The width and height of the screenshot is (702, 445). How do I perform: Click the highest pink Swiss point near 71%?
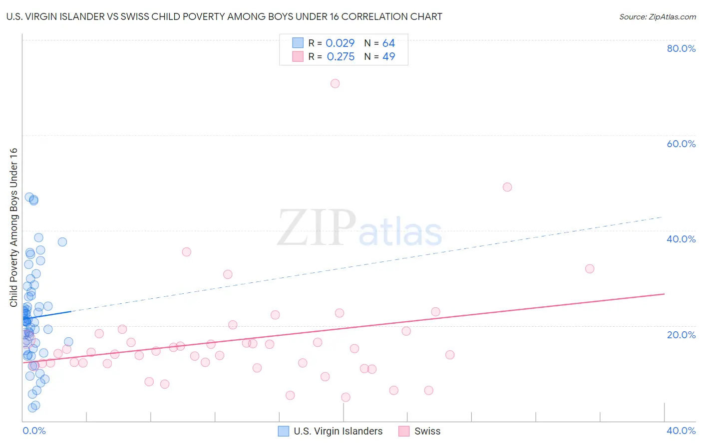335,83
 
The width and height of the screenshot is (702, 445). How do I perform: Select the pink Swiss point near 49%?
507,187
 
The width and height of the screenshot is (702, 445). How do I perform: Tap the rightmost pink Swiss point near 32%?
590,268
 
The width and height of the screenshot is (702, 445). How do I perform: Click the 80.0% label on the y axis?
681,48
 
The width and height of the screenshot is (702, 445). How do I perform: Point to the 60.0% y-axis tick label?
681,144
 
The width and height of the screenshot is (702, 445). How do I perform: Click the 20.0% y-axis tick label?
681,334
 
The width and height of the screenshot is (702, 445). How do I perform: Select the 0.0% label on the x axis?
34,431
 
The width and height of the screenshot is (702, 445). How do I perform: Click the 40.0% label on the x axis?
681,431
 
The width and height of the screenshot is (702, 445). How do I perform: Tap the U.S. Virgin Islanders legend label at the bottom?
338,431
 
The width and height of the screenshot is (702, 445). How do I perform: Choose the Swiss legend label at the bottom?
427,431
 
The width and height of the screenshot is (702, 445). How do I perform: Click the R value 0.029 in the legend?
340,43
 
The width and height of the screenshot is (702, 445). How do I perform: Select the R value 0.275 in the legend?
341,57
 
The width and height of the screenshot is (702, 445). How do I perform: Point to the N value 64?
388,43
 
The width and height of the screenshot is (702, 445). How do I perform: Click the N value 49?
388,57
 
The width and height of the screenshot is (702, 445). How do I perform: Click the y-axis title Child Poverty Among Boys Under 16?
14,227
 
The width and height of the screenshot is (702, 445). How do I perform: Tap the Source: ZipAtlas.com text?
658,17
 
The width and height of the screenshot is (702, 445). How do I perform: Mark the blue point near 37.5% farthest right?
62,242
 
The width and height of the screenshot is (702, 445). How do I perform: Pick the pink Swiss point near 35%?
186,252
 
